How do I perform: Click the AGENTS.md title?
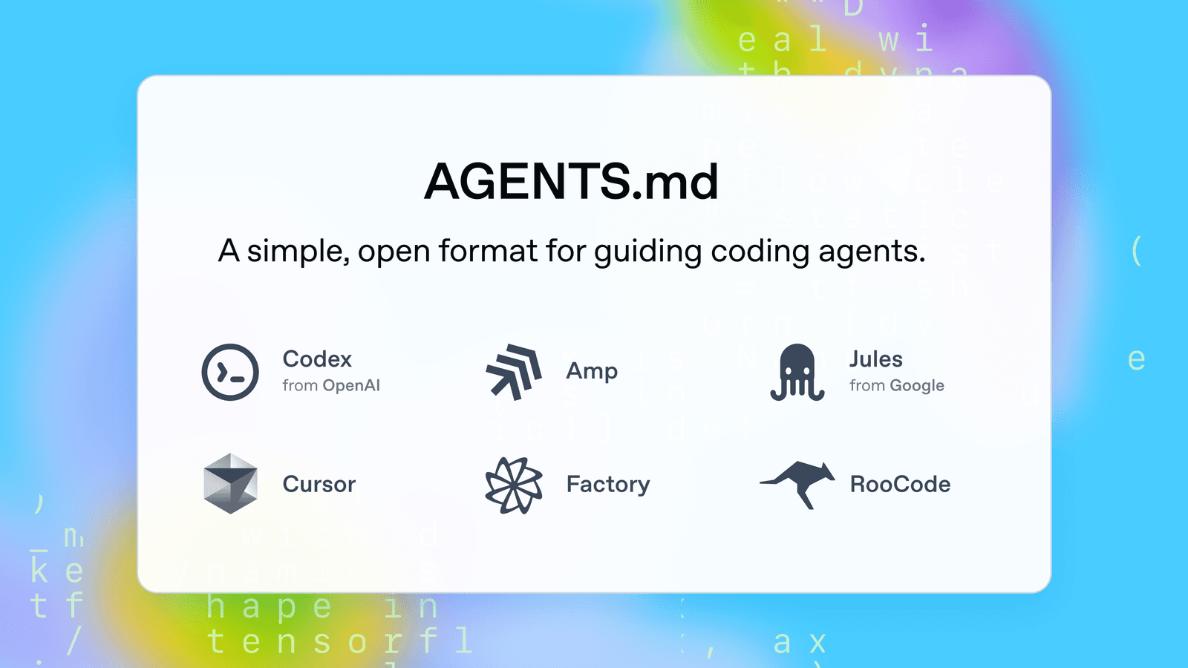tap(571, 182)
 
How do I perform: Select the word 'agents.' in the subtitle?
tap(872, 252)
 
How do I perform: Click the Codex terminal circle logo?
tap(230, 372)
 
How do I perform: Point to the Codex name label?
tap(317, 359)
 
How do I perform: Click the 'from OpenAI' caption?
tap(331, 385)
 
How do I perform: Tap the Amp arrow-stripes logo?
tap(513, 371)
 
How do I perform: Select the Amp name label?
tap(592, 371)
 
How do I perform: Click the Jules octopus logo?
tap(797, 372)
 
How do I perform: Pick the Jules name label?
tap(876, 359)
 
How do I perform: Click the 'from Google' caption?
tap(897, 385)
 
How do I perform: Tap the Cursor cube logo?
tap(230, 484)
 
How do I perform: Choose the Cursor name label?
tap(319, 485)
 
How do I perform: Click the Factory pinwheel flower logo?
tap(513, 485)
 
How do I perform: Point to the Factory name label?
tap(608, 485)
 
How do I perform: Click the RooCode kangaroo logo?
tap(797, 484)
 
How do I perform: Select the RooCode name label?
tap(900, 485)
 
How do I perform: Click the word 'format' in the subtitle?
tap(488, 251)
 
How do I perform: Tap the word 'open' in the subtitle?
tap(394, 252)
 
